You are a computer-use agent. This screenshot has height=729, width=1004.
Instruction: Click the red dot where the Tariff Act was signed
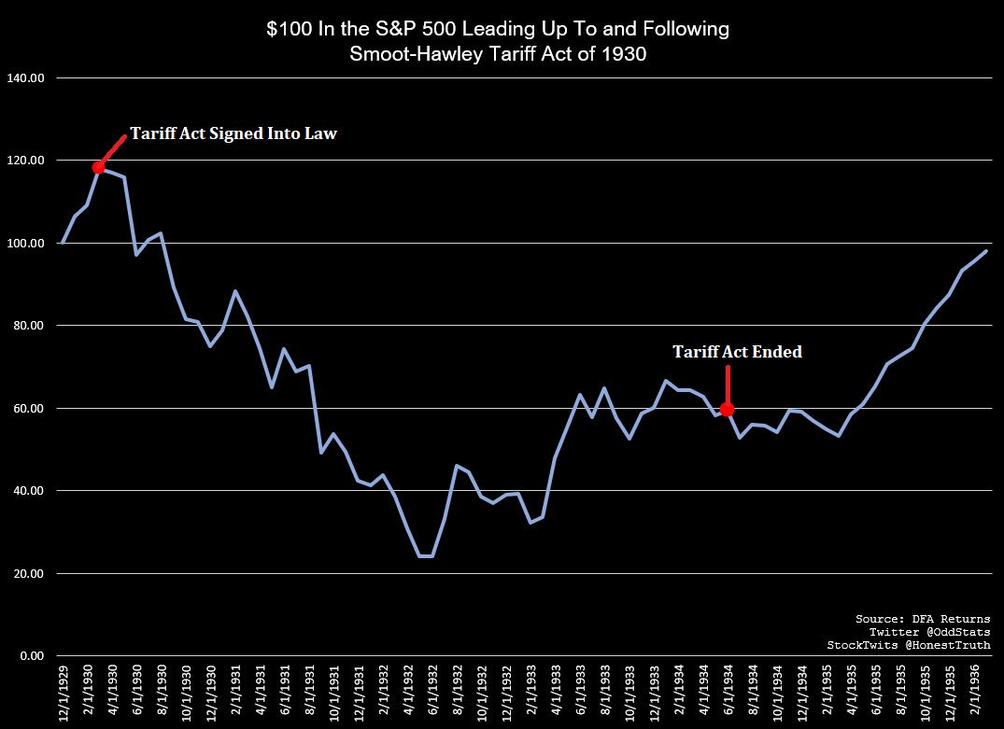98,167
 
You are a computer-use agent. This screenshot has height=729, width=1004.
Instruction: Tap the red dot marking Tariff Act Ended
728,409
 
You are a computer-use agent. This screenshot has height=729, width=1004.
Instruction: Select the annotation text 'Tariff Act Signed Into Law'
233,133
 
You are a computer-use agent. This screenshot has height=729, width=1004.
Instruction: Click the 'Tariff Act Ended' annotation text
737,352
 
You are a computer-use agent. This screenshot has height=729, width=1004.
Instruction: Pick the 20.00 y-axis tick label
26,573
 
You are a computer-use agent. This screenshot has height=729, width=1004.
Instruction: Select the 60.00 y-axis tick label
26,408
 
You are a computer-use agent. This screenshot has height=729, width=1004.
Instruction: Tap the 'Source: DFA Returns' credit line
923,619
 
